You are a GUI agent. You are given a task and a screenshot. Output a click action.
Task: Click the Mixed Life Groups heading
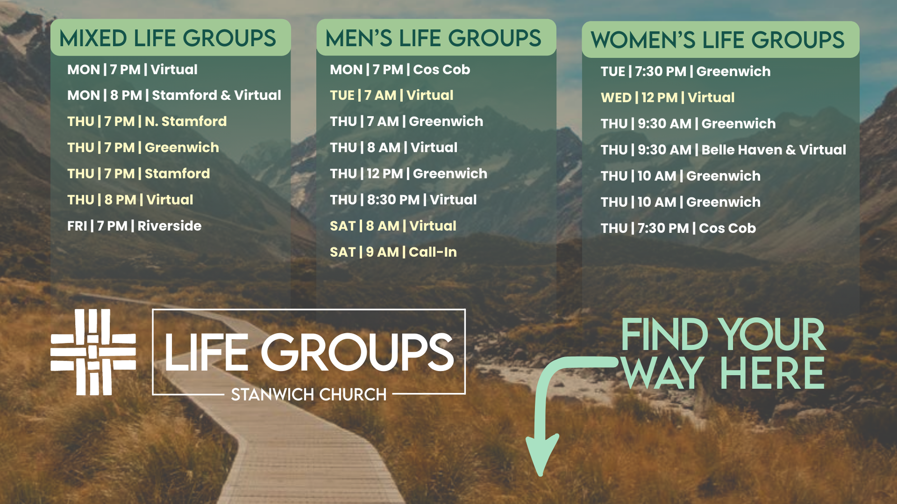click(168, 38)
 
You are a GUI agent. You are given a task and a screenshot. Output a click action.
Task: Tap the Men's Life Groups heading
click(433, 38)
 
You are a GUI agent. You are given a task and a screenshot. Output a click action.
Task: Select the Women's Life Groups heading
click(718, 40)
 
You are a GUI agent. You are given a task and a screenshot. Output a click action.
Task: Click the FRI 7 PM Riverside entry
click(135, 226)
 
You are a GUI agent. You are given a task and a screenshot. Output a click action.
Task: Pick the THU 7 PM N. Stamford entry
click(147, 121)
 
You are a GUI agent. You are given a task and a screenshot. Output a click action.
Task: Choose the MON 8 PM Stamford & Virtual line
click(174, 95)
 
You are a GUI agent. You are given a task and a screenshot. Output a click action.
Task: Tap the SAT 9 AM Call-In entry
click(393, 252)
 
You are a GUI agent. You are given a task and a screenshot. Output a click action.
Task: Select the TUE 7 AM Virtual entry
click(392, 95)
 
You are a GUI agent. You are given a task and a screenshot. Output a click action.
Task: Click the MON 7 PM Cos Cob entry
click(400, 70)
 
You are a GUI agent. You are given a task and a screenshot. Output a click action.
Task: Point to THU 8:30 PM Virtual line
click(403, 200)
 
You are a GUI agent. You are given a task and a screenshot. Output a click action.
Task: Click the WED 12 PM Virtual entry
click(668, 98)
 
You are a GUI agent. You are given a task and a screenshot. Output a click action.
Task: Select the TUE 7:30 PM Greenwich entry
click(686, 71)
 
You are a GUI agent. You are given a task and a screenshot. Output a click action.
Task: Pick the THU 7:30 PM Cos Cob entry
click(678, 228)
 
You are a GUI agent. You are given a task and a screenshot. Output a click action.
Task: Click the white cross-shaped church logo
click(93, 352)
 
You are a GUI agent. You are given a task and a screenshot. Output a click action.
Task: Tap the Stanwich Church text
click(309, 395)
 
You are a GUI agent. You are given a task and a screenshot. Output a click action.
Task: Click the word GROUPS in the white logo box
click(357, 352)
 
